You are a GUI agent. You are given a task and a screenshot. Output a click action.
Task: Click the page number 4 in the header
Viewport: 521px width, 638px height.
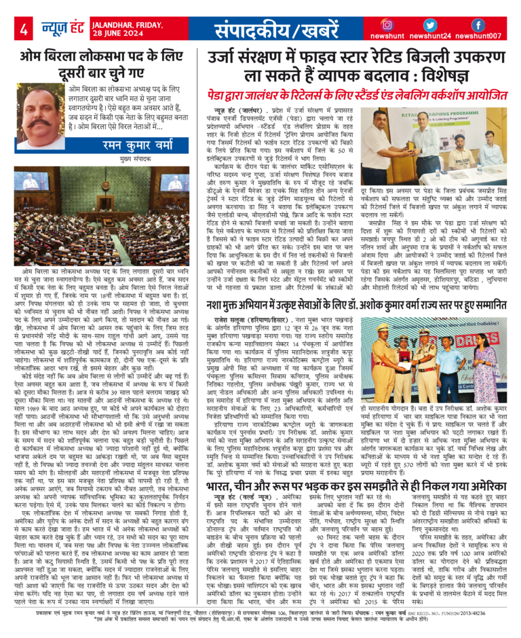(x=23, y=29)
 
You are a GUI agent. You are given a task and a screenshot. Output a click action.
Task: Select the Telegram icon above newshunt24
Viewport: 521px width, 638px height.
(x=433, y=24)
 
